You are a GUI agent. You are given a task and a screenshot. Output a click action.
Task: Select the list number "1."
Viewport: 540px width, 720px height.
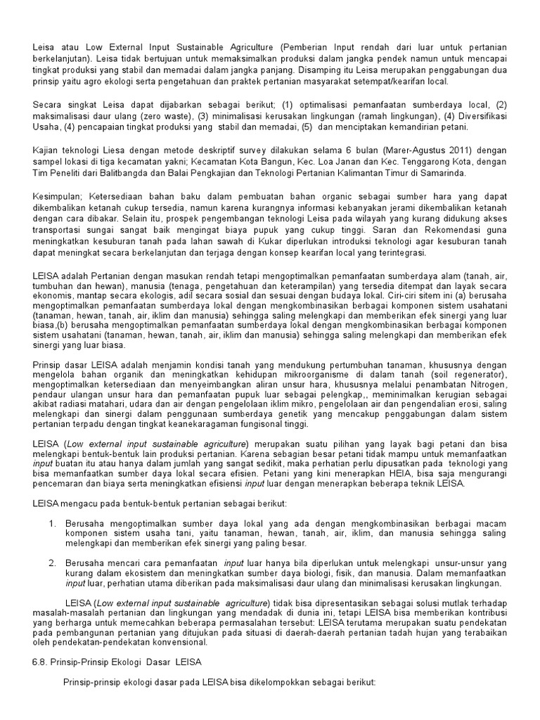pos(53,525)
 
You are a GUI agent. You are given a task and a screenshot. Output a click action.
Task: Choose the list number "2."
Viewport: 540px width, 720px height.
pos(53,564)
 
